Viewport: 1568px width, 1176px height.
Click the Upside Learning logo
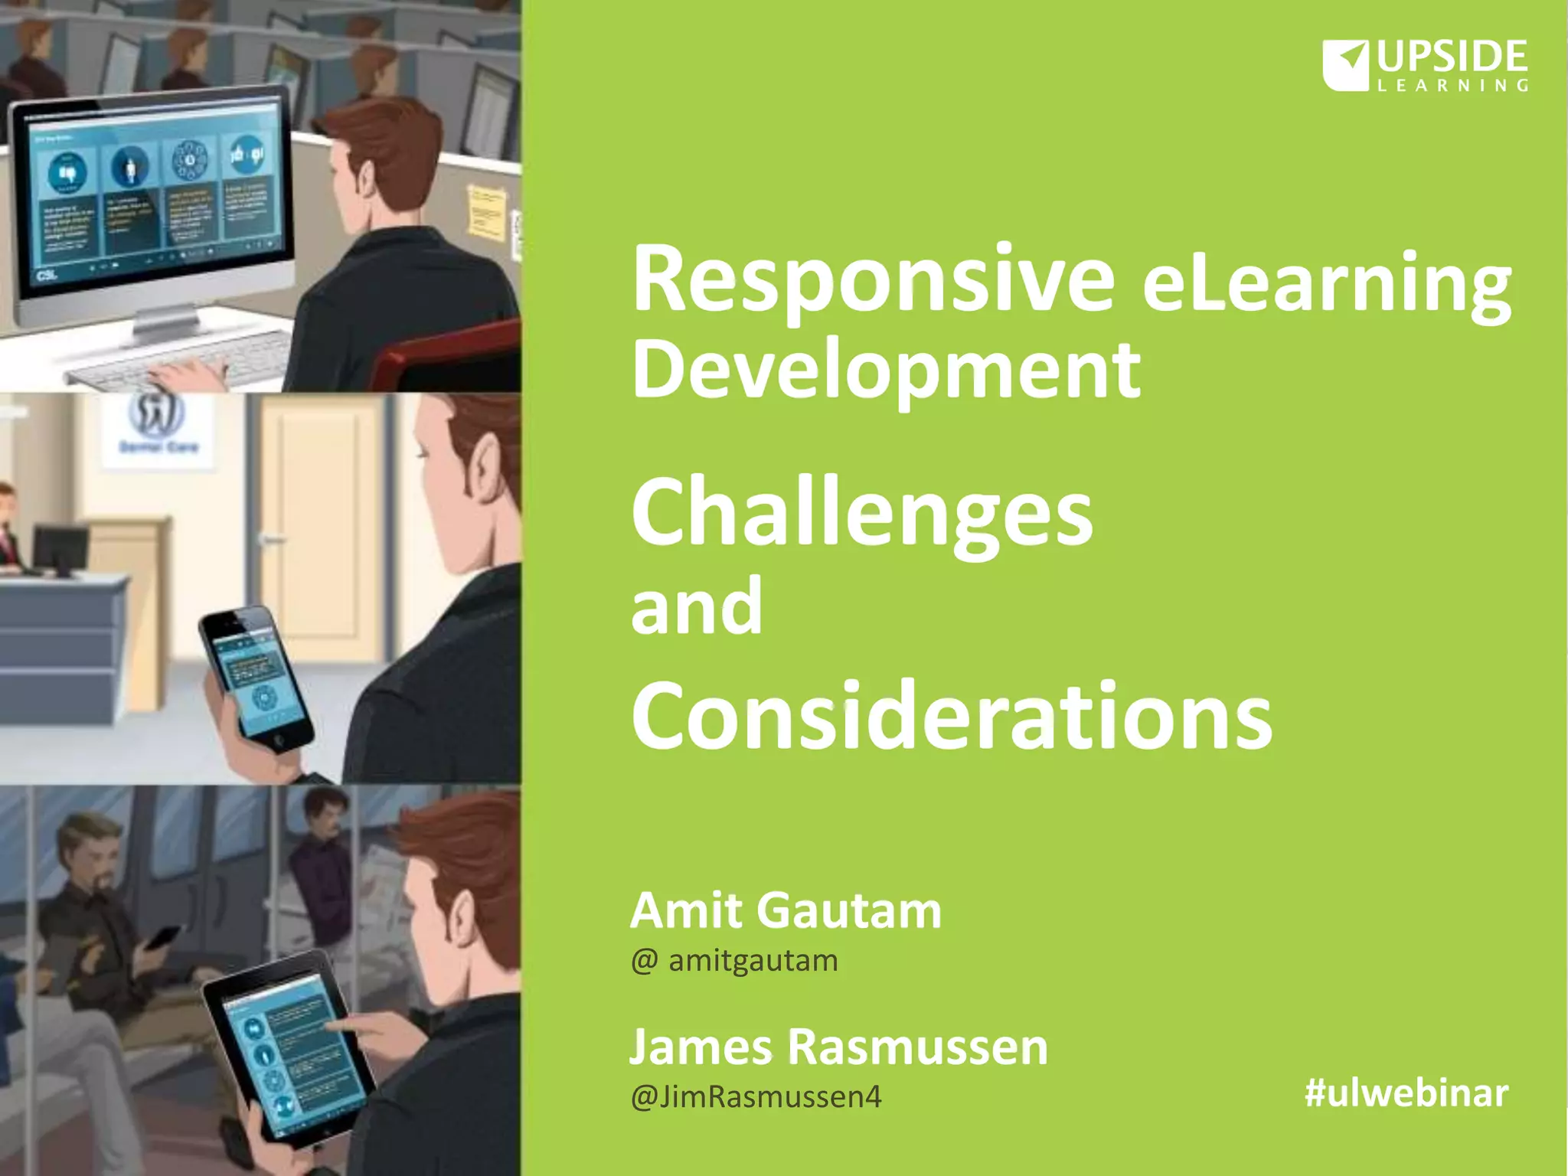pos(1425,66)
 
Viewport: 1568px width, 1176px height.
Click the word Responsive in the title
pos(872,280)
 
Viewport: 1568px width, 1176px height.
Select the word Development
pos(885,371)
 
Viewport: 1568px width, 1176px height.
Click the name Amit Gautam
pos(785,911)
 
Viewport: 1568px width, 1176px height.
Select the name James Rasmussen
pos(838,1047)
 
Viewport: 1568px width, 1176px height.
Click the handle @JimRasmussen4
pos(756,1097)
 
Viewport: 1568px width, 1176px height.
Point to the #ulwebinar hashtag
pos(1406,1093)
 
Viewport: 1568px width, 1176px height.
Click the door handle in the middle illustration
pos(272,539)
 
